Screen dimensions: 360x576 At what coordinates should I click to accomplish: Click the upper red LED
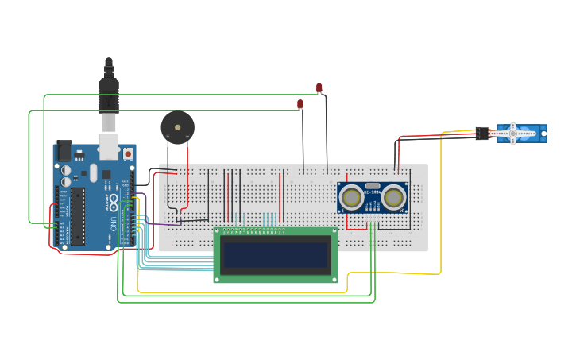click(x=319, y=87)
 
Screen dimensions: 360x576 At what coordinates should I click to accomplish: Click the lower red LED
click(x=300, y=104)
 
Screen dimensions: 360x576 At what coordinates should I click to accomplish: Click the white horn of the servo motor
click(x=513, y=134)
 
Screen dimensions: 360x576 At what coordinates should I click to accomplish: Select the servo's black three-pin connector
click(x=482, y=134)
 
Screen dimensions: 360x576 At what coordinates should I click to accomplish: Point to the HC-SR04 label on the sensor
click(x=372, y=192)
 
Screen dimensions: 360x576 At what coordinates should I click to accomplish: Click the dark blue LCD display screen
click(x=275, y=255)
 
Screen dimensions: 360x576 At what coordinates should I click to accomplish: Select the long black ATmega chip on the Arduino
click(x=78, y=216)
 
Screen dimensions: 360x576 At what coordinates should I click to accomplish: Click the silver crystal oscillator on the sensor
click(x=373, y=184)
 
